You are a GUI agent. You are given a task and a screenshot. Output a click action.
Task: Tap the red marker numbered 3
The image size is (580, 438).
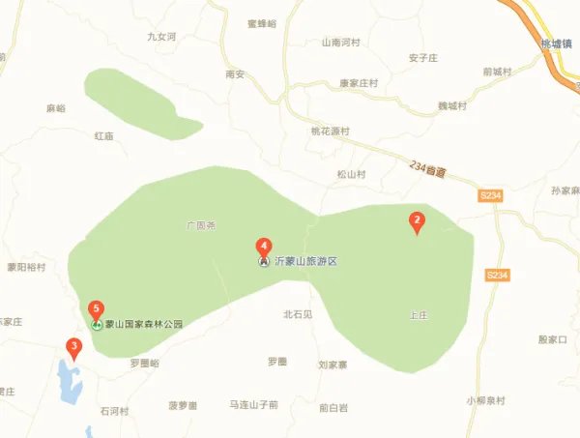tap(73, 346)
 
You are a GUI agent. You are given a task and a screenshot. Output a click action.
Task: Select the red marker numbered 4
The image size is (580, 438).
tap(263, 247)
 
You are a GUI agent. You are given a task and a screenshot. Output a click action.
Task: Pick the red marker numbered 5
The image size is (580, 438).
tap(96, 309)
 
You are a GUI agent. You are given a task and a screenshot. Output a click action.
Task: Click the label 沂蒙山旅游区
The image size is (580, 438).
tap(304, 262)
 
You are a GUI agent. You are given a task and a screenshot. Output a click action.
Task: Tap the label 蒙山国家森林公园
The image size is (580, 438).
tap(144, 325)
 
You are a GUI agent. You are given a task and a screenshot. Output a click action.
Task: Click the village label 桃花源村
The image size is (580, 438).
tap(330, 131)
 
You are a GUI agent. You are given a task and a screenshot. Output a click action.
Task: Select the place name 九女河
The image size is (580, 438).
tap(161, 37)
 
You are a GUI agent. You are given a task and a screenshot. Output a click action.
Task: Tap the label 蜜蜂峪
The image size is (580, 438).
tap(262, 23)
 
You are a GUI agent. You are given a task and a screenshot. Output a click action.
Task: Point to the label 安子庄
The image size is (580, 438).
tap(424, 57)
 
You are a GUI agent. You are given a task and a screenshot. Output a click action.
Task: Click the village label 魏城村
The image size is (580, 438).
tap(450, 105)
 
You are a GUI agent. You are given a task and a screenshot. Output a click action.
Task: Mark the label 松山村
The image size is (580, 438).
tap(351, 174)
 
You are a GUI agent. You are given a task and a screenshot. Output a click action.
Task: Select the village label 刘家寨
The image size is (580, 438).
tap(338, 365)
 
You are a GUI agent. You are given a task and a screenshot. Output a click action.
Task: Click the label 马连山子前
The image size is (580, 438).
tap(253, 404)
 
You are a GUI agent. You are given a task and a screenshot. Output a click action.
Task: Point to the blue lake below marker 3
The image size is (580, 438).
tap(68, 382)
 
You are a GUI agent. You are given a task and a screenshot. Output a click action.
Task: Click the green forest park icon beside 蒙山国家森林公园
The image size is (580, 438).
tap(97, 325)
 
